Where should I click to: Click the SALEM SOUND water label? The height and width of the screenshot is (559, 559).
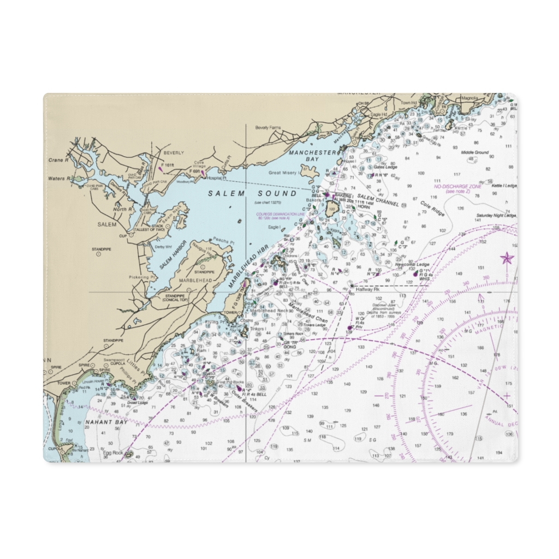[252, 194]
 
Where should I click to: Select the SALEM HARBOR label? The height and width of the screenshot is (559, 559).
[173, 255]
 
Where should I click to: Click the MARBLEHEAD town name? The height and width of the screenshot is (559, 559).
[196, 280]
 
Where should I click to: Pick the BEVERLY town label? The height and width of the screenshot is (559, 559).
[174, 153]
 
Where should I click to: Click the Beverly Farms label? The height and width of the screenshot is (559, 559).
[268, 128]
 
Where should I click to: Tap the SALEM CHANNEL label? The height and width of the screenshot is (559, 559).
[378, 200]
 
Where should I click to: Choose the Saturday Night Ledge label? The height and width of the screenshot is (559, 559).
[496, 215]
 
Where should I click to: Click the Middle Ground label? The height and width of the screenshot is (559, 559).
[474, 153]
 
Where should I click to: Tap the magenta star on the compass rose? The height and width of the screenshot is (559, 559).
[507, 258]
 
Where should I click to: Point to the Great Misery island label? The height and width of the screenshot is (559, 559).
[282, 173]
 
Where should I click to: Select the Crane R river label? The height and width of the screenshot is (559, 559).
[56, 160]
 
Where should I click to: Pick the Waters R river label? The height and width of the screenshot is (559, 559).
[58, 179]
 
